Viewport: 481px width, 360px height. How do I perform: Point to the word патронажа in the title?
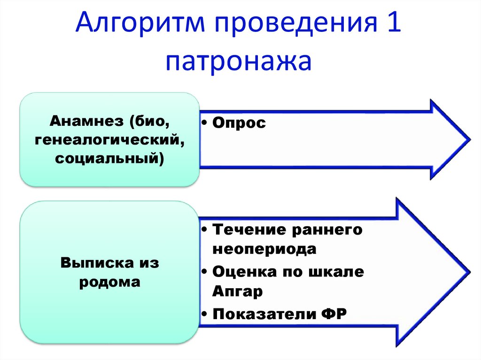pyautogui.click(x=238, y=62)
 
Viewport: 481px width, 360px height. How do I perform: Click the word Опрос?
pyautogui.click(x=239, y=123)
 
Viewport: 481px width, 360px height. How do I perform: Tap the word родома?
pyautogui.click(x=110, y=282)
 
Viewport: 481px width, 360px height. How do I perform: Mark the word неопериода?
pyautogui.click(x=264, y=249)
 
